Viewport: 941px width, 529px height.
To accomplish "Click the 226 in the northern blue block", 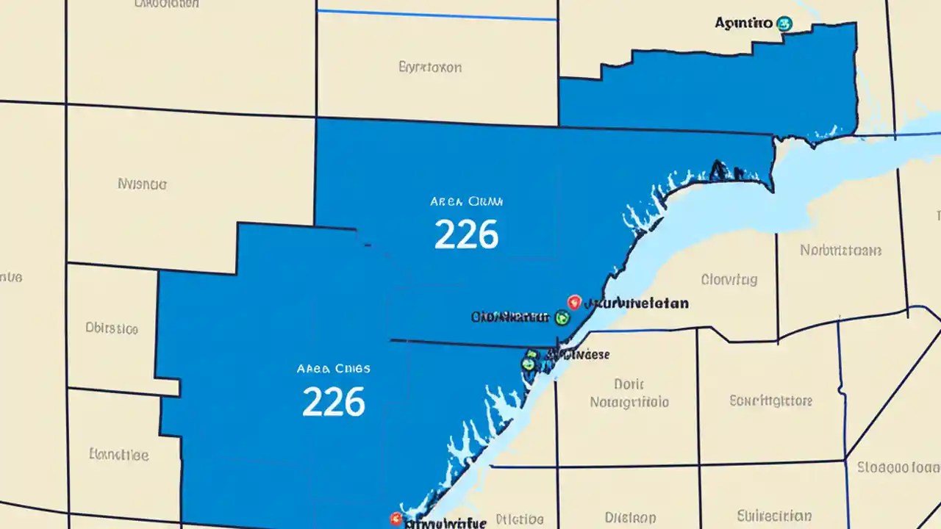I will tap(466, 234).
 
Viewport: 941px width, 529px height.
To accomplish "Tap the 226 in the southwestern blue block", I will tap(334, 401).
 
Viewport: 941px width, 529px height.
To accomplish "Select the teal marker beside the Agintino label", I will tap(784, 24).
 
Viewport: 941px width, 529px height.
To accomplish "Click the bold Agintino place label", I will tap(743, 24).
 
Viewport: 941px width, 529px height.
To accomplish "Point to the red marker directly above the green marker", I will tap(574, 301).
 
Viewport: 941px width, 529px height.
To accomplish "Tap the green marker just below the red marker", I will tap(562, 317).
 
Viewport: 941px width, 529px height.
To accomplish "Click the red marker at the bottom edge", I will tap(396, 518).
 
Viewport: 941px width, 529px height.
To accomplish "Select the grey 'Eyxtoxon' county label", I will tap(430, 68).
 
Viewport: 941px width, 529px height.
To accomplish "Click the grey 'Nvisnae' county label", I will tap(143, 184).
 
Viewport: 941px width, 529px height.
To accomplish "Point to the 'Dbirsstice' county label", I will tap(112, 328).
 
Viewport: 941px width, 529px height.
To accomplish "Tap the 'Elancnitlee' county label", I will tap(118, 455).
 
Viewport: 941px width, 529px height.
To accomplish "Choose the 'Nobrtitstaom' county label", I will tap(840, 251).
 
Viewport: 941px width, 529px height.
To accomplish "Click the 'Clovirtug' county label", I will tap(729, 279).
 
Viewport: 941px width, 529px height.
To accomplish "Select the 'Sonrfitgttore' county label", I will tap(770, 401).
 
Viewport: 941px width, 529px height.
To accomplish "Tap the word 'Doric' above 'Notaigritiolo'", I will tap(629, 384).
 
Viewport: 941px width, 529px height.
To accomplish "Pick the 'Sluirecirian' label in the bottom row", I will tap(774, 516).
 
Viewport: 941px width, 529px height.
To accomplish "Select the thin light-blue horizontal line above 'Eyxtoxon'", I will tap(437, 15).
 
